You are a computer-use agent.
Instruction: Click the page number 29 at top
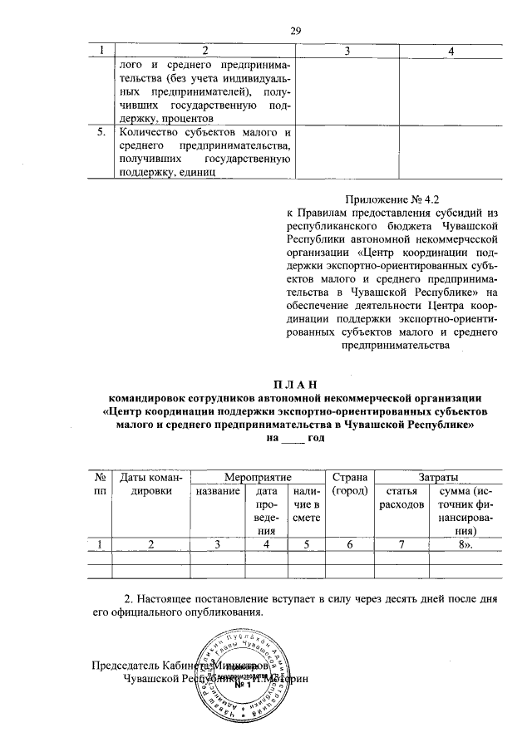point(294,31)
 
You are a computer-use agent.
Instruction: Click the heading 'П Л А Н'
point(296,384)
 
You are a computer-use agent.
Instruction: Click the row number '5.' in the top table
point(101,132)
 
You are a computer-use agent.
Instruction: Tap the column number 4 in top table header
point(450,52)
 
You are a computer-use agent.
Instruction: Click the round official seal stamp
point(243,676)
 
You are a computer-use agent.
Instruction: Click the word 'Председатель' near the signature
point(123,666)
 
